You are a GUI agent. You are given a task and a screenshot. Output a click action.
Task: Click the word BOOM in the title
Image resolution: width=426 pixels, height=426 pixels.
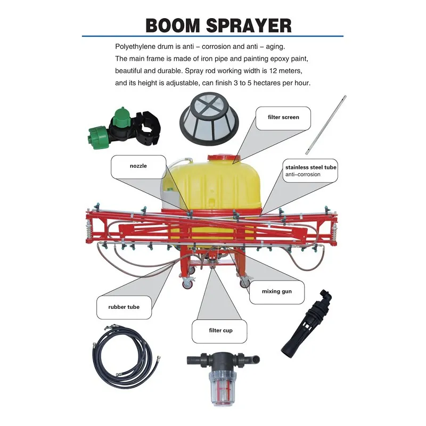coord(173,26)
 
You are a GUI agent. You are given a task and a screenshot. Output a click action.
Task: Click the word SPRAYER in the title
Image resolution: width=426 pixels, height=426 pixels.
coord(249,26)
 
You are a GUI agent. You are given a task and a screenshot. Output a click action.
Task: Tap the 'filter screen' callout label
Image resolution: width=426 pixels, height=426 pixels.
coord(283,117)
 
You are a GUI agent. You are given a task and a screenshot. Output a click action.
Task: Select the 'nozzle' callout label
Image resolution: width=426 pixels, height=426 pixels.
coord(138,166)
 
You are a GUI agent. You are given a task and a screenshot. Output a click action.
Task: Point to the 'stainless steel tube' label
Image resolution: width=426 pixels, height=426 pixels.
coord(311,167)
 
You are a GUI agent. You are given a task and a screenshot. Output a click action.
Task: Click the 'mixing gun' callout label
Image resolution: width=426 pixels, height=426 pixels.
coord(277,291)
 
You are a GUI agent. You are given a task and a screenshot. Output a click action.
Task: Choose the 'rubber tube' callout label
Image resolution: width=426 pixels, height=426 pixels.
coord(124,307)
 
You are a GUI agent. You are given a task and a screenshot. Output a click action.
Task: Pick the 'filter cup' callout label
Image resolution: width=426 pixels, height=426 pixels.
coord(220,331)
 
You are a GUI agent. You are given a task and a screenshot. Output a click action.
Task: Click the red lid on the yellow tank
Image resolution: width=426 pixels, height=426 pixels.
coord(224,158)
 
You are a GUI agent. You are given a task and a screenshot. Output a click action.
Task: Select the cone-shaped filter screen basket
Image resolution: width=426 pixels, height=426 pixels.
coord(209,119)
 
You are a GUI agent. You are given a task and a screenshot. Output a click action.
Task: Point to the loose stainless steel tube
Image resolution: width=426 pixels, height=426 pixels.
coord(325,125)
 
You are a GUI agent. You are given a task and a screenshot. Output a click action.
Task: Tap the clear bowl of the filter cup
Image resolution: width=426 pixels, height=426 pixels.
coord(223,389)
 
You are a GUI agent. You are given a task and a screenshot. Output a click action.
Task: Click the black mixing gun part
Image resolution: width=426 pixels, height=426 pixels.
coord(306,323)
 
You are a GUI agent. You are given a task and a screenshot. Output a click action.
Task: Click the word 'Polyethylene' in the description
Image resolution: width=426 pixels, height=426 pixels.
coord(133,47)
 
